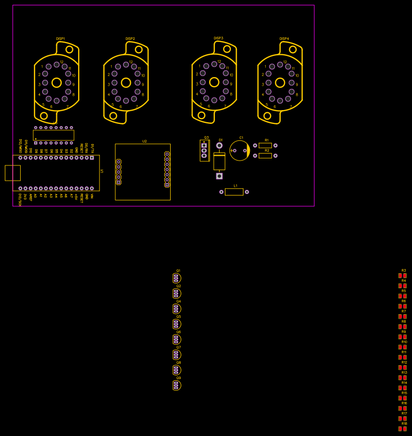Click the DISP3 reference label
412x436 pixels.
(x=218, y=38)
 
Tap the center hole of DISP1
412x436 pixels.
(x=56, y=82)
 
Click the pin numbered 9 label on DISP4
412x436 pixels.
(x=297, y=85)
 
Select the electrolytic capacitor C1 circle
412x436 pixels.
(x=240, y=150)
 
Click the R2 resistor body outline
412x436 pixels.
(x=265, y=156)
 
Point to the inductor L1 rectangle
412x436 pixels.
(x=234, y=192)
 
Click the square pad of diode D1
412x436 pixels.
(x=219, y=176)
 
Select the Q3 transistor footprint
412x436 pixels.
(x=204, y=150)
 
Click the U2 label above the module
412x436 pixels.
(x=144, y=141)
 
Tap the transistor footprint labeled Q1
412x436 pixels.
(x=176, y=278)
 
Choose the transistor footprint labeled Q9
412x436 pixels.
(x=176, y=385)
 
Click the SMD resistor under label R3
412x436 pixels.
(x=402, y=275)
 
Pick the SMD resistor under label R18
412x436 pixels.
(x=402, y=429)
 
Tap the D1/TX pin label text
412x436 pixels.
(x=92, y=146)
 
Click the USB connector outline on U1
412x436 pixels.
(x=13, y=173)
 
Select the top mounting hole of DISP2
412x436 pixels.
(x=139, y=49)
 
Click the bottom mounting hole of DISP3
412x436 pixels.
(x=201, y=115)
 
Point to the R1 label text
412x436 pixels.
(x=267, y=140)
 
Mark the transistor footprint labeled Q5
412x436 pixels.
(x=176, y=324)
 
